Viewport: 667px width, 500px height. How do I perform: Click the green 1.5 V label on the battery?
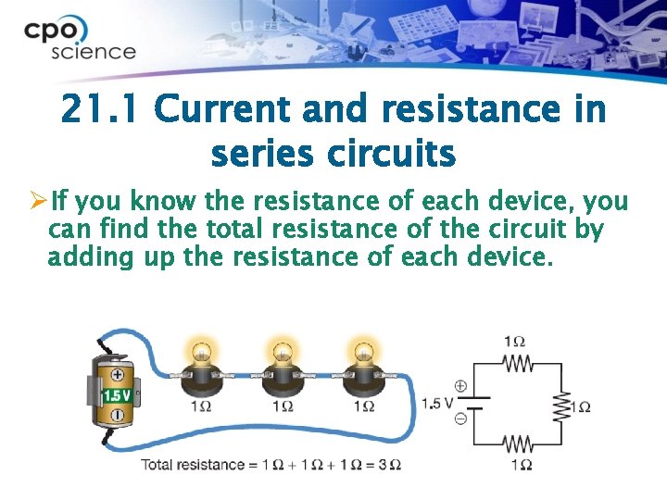tap(117, 395)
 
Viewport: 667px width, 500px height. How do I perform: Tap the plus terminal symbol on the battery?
tap(118, 375)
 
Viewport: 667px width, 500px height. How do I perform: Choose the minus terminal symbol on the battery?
tap(118, 416)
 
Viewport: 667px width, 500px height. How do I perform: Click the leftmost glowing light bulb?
tap(200, 354)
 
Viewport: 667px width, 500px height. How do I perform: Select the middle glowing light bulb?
tap(282, 354)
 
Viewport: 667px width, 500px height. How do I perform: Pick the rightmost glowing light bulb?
tap(363, 354)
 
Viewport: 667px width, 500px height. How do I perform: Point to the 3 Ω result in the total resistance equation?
tap(392, 464)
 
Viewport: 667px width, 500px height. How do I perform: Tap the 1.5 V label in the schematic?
tap(437, 404)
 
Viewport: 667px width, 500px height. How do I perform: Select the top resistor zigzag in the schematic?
tap(519, 364)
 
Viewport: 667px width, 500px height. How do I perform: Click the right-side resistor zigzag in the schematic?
tap(560, 405)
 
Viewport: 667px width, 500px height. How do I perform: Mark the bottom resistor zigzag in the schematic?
tap(519, 445)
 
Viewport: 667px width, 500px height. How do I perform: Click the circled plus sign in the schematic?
tap(461, 386)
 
